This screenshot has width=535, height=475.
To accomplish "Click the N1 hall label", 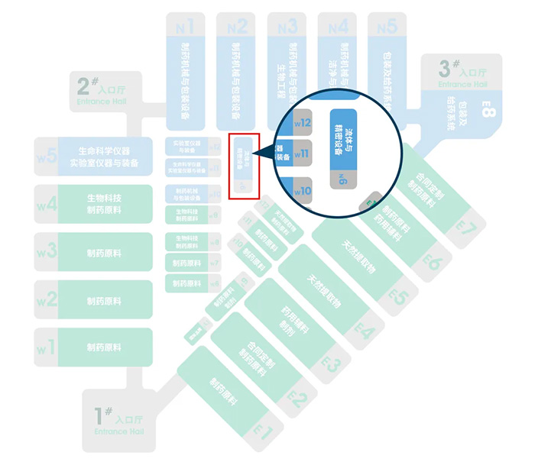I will [x=184, y=27].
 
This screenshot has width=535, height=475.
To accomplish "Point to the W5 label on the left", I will [x=47, y=157].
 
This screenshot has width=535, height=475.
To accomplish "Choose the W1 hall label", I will [x=47, y=347].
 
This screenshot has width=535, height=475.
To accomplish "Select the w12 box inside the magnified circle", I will [x=303, y=123].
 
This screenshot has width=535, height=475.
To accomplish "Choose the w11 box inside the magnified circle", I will [x=303, y=153].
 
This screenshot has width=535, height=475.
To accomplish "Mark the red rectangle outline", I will [x=245, y=166].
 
